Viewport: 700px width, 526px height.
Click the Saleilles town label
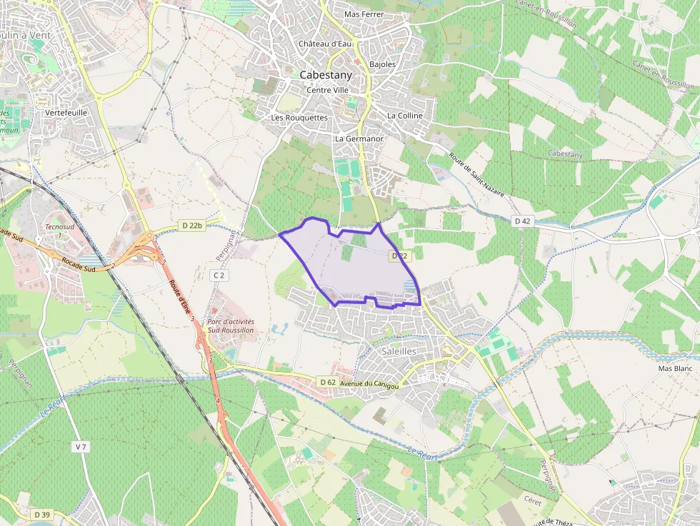coord(399,351)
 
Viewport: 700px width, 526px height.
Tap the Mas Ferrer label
coord(364,14)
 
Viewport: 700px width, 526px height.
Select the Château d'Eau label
coord(326,44)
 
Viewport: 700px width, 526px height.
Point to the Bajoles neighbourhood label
coord(383,64)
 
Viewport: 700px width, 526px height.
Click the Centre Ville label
coord(327,90)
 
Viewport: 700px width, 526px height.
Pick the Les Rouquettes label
coord(299,117)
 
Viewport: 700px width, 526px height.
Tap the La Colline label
coord(405,116)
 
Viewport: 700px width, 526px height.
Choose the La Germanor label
coord(359,138)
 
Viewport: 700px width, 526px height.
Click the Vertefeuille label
coord(66,113)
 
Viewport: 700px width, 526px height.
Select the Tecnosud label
coord(59,227)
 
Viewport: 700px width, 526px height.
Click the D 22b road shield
coord(192,226)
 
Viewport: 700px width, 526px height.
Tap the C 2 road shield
coord(219,275)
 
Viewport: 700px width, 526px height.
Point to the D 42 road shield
coord(523,221)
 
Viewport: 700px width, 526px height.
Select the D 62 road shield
coord(328,383)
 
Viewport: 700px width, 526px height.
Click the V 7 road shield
coord(80,447)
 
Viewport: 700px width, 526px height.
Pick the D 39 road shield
coord(42,514)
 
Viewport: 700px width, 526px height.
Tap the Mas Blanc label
coord(675,368)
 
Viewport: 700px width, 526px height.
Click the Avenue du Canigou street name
coord(369,385)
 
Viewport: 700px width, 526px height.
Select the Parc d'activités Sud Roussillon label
coord(231,326)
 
